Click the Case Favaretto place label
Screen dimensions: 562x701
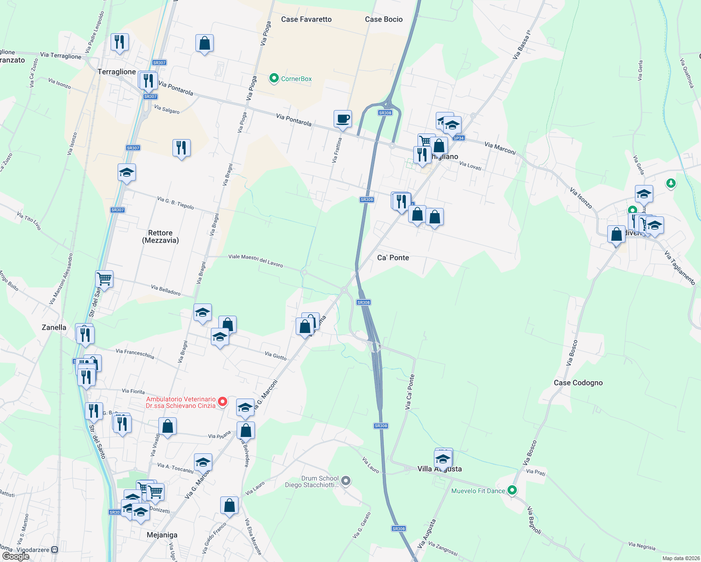[x=306, y=19]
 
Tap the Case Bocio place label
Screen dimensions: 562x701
[x=383, y=19]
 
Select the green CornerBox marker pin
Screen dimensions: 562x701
[x=274, y=78]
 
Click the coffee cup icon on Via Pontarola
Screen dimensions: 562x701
[x=343, y=118]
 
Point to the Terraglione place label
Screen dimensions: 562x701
[x=116, y=72]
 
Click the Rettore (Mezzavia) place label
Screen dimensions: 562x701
[x=160, y=237]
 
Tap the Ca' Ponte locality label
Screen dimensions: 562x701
[x=393, y=258]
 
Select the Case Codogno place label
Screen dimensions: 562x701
[x=578, y=383]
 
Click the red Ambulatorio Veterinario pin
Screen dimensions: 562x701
[x=223, y=401]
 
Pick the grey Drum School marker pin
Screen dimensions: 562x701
[x=346, y=481]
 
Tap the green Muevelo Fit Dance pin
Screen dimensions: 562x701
[x=512, y=490]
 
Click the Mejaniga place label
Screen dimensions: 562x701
[x=162, y=535]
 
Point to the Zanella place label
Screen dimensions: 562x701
[x=54, y=327]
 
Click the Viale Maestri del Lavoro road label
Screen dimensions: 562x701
[x=255, y=261]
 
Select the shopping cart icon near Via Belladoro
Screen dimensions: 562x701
[x=104, y=279]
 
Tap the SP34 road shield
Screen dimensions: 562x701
[x=458, y=138]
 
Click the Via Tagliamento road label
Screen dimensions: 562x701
[x=679, y=268]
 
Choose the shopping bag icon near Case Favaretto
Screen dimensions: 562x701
[x=204, y=43]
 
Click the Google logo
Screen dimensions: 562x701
[x=16, y=556]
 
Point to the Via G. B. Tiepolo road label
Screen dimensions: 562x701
[x=175, y=203]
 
